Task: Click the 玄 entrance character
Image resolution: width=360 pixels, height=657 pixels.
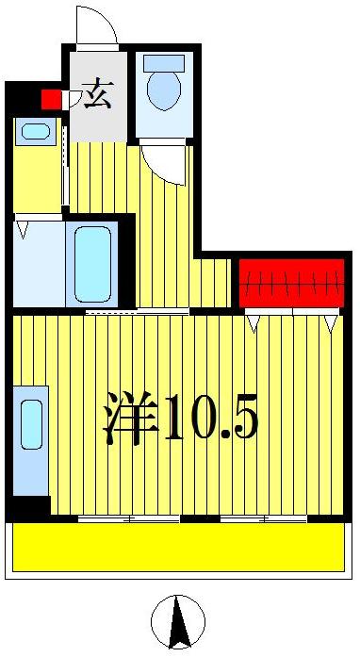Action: tap(96, 94)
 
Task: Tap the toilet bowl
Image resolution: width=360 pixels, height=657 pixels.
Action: tap(164, 90)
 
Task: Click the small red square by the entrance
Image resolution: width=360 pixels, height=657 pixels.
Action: tap(51, 98)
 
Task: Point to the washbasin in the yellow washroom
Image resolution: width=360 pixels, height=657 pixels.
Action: tap(36, 132)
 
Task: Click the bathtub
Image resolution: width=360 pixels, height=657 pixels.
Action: tap(92, 263)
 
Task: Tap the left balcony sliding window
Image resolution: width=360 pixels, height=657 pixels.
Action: tap(128, 518)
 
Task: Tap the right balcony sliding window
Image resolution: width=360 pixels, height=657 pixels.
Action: tap(263, 518)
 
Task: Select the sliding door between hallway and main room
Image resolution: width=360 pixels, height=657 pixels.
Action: tap(123, 310)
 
